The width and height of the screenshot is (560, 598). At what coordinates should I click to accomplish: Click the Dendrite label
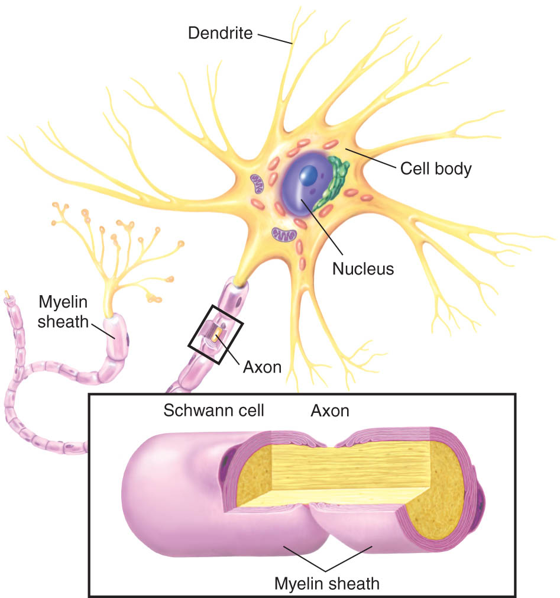tap(221, 33)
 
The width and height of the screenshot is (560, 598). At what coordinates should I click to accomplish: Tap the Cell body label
tap(436, 169)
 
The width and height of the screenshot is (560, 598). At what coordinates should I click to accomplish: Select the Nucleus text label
tap(363, 269)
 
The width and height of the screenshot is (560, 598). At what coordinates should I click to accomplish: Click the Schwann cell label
tap(213, 410)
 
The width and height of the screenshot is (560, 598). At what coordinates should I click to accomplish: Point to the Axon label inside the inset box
tap(330, 410)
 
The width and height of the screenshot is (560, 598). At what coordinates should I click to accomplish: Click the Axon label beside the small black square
tap(263, 367)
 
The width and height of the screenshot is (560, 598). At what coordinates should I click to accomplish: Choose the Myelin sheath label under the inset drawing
tap(326, 584)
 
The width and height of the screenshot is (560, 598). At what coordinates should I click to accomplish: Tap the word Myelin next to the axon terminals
tap(63, 302)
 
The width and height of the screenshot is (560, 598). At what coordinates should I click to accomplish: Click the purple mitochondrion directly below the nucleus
tap(284, 235)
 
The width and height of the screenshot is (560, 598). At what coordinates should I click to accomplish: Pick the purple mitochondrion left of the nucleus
tap(257, 183)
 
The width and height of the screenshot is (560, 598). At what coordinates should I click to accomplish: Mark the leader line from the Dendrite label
tap(275, 39)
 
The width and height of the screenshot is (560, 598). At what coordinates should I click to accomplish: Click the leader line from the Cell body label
tap(371, 157)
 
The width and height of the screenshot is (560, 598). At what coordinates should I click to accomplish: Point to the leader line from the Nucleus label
tap(322, 227)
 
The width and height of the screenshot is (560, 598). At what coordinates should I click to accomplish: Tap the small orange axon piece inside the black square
tap(215, 337)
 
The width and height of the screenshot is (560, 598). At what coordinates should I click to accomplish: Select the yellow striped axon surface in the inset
tap(351, 469)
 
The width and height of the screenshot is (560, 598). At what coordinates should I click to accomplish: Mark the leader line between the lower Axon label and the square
tap(228, 349)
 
